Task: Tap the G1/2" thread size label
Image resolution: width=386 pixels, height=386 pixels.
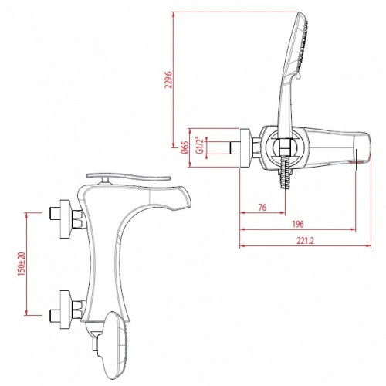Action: click(201, 145)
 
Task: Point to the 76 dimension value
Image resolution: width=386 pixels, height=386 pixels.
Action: click(262, 206)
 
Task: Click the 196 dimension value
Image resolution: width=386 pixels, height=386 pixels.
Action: click(297, 224)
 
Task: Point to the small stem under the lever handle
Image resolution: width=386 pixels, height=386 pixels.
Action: click(103, 182)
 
